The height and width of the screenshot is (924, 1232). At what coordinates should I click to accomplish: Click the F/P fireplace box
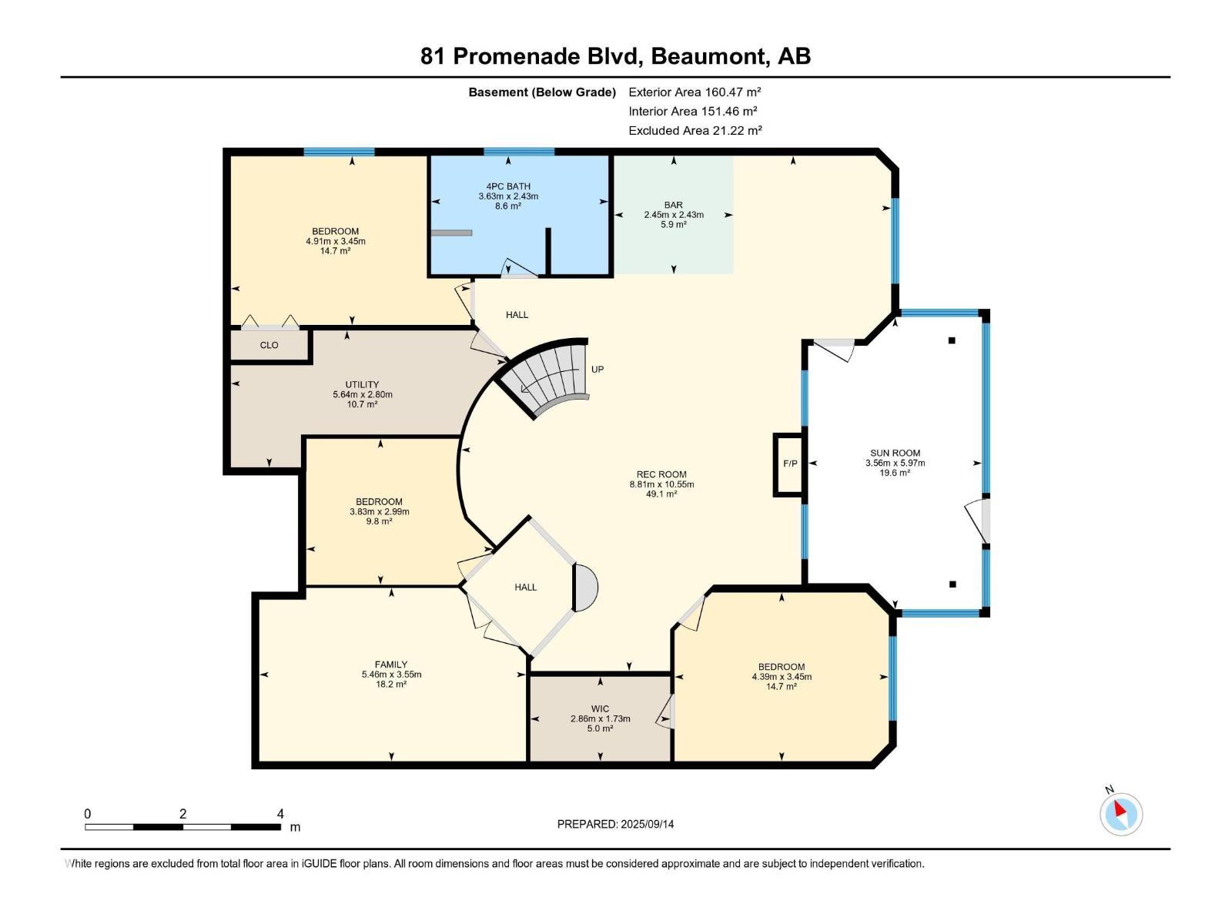(x=789, y=464)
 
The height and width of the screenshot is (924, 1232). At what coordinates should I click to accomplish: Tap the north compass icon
(x=1121, y=813)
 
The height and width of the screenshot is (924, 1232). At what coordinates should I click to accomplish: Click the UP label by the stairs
(x=598, y=370)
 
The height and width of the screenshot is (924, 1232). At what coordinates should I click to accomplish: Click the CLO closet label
(x=269, y=345)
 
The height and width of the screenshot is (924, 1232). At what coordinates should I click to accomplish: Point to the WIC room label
(x=600, y=709)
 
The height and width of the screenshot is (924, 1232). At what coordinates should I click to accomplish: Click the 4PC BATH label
(x=508, y=186)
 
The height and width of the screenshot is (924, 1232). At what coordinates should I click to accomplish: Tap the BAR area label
(x=674, y=205)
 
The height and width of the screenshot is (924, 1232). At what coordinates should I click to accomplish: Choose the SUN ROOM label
(x=895, y=454)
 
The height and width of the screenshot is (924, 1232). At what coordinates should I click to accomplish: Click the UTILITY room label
(x=362, y=385)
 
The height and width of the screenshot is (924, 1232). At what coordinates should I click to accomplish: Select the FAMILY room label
(x=391, y=665)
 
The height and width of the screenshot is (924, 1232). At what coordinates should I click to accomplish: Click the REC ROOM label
(x=661, y=475)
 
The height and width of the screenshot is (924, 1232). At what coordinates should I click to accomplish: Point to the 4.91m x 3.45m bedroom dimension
(x=336, y=241)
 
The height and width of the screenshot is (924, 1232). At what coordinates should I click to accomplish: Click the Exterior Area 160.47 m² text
(x=695, y=92)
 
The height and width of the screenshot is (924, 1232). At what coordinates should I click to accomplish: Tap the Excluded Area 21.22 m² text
(x=695, y=131)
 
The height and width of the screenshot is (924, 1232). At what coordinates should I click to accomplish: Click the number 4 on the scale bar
(x=280, y=814)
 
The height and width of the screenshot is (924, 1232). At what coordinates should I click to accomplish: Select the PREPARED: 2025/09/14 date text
(x=615, y=824)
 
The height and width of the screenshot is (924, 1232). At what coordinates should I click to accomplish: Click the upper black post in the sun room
(x=952, y=340)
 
